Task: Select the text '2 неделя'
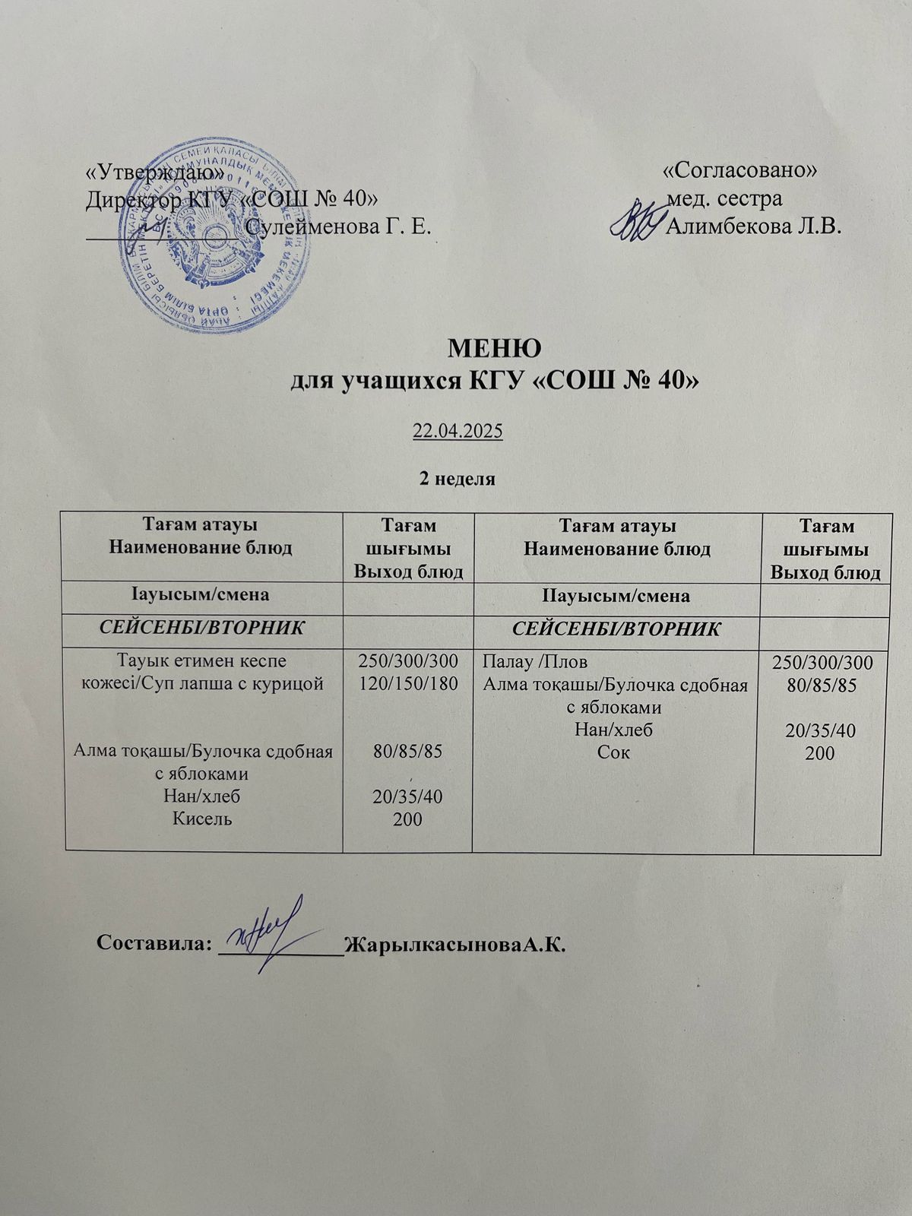(x=458, y=479)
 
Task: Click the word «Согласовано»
(x=740, y=170)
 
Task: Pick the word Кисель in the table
(x=202, y=819)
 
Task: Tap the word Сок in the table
(x=616, y=752)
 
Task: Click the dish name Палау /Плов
(x=535, y=662)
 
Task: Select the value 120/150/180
(x=408, y=684)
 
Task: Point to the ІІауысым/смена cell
(x=616, y=596)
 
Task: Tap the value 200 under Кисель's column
(x=408, y=819)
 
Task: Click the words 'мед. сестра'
(x=724, y=199)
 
